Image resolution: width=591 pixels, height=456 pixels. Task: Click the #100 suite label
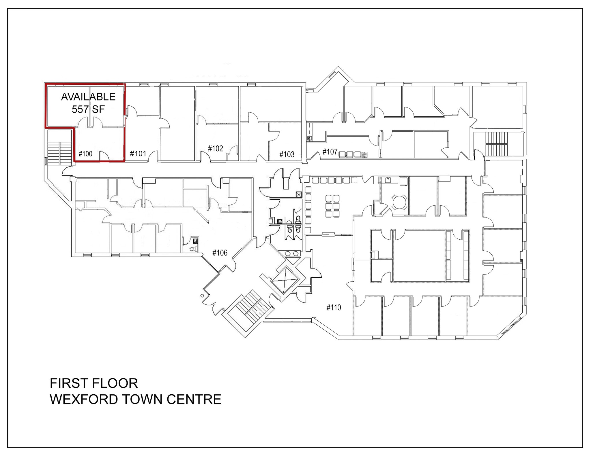point(85,154)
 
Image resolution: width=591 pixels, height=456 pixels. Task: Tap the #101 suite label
point(138,154)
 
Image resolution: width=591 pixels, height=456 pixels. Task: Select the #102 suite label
point(216,149)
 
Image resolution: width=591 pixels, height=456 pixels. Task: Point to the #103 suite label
point(287,155)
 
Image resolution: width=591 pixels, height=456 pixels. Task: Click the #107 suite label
point(330,152)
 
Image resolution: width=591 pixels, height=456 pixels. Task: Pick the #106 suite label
point(220,253)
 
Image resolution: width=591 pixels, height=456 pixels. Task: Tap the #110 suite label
point(334,308)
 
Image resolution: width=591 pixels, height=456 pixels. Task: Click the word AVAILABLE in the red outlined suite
point(88,97)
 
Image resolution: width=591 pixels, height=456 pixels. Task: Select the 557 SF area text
point(88,109)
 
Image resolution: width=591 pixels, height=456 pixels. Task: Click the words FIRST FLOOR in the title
point(94,383)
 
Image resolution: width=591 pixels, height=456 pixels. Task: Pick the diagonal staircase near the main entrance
point(250,306)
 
